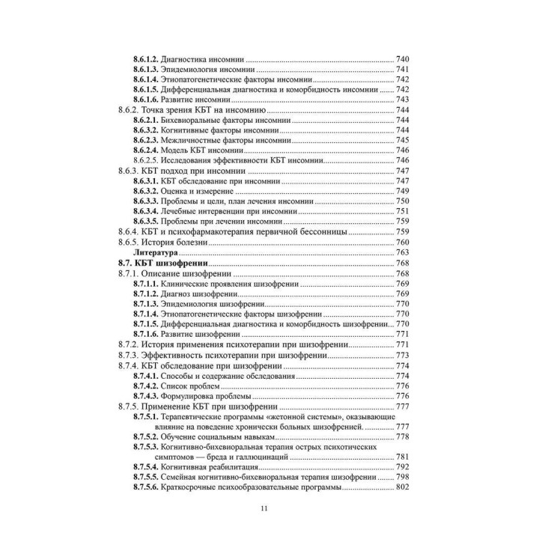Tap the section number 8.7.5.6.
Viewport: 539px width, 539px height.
pyautogui.click(x=147, y=487)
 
